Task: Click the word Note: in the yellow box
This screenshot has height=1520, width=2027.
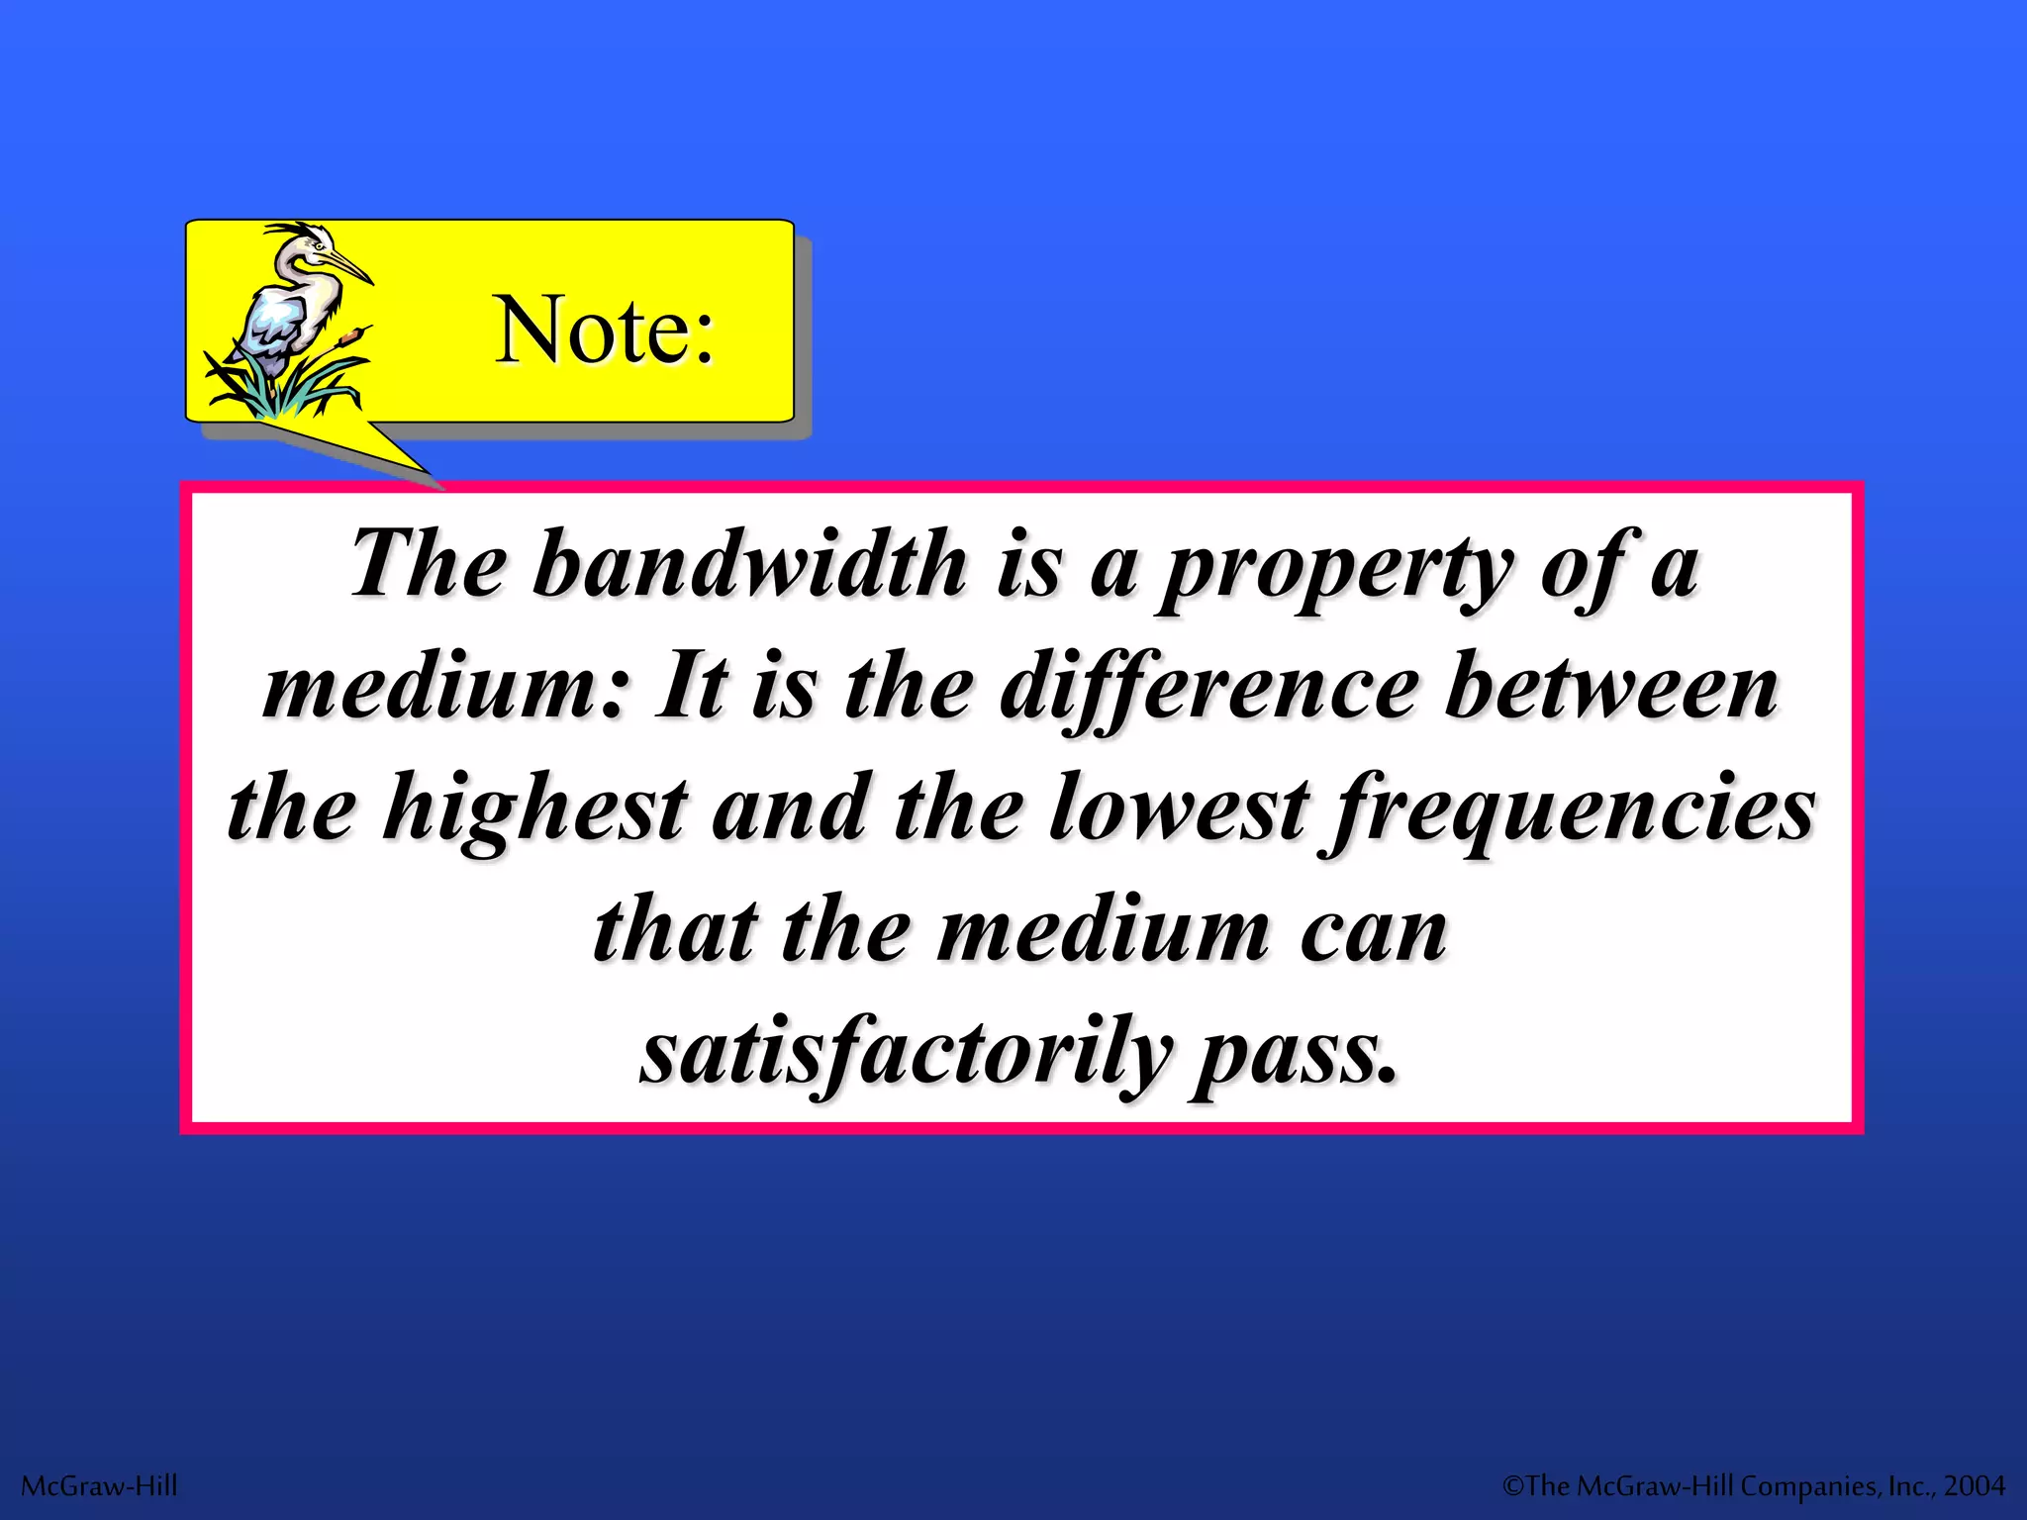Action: pos(605,331)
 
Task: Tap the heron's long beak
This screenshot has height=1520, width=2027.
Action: pos(349,264)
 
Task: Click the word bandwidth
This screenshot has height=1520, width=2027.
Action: pos(750,564)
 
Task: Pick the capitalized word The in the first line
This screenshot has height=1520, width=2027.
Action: pos(428,564)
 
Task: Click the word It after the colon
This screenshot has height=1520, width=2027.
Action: pos(692,687)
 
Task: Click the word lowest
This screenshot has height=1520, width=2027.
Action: pos(1179,807)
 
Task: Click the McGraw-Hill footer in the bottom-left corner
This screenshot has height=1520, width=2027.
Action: pos(99,1486)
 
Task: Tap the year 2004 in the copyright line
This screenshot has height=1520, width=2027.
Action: pos(1975,1486)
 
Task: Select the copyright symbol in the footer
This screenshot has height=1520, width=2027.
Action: pos(1512,1486)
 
